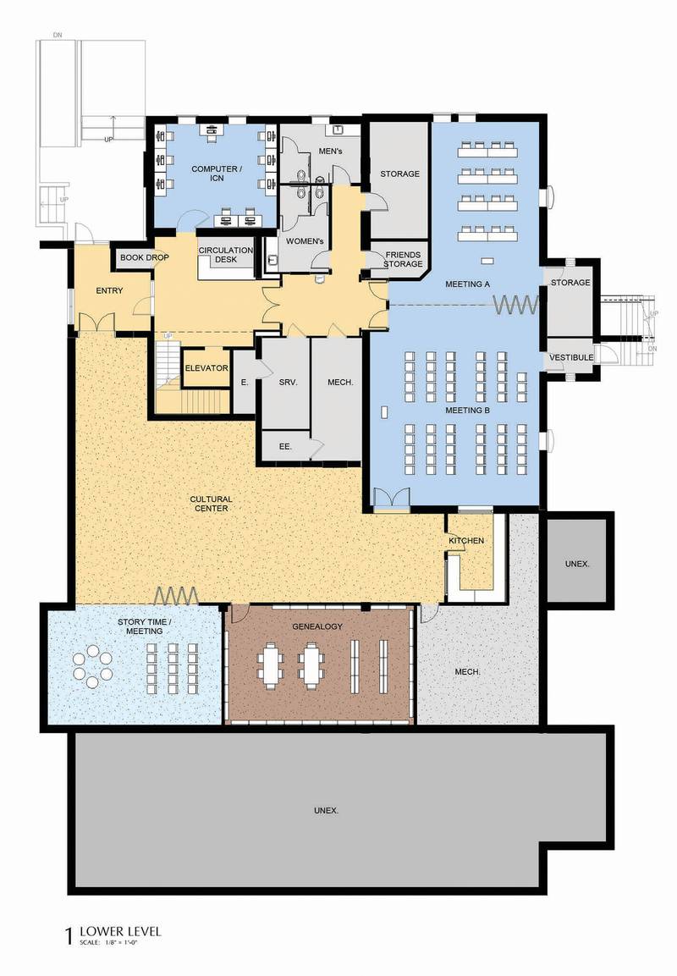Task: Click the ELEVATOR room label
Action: point(206,368)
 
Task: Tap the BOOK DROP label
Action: point(145,257)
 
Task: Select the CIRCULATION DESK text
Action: point(226,255)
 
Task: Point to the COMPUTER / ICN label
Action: point(217,173)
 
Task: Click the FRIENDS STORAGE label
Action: point(403,259)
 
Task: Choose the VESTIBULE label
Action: point(570,357)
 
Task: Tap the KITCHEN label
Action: point(466,540)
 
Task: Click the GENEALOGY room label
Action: point(317,626)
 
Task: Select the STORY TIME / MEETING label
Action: point(145,626)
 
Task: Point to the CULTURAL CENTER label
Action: point(212,504)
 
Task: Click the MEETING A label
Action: point(467,284)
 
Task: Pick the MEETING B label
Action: point(467,411)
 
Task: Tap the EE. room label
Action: point(286,446)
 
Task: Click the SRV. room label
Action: point(288,382)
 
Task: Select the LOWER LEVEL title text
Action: point(120,931)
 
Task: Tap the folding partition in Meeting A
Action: point(516,305)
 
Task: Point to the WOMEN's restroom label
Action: point(305,241)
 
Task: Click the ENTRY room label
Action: point(109,290)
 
